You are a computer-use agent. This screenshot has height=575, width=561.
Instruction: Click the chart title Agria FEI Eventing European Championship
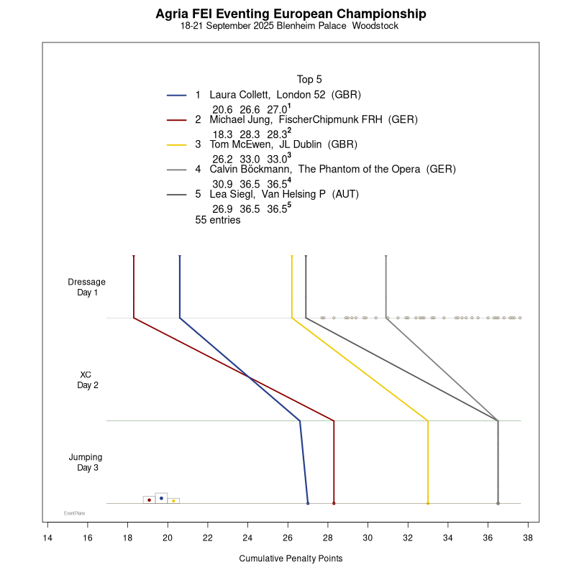tap(291, 14)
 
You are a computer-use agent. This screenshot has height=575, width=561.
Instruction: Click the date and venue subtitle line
tap(290, 27)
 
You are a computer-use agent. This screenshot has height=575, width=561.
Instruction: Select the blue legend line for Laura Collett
tap(177, 95)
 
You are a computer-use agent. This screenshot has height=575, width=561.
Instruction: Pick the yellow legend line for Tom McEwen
tap(177, 144)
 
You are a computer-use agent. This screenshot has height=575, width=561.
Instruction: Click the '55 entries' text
tap(218, 220)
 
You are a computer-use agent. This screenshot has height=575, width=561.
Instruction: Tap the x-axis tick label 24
tap(247, 538)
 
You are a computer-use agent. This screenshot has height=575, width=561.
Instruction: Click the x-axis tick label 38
tap(527, 538)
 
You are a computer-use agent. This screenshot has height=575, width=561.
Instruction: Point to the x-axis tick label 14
tap(47, 538)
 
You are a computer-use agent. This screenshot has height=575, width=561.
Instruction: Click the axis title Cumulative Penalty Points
tap(291, 558)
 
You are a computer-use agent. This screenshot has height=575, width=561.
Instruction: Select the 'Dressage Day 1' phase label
tap(87, 287)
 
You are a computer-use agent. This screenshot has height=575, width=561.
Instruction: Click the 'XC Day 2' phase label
tap(87, 379)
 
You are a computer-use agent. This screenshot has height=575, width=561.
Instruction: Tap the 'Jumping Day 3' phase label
tap(86, 462)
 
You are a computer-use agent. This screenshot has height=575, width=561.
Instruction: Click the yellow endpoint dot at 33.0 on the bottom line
tap(428, 504)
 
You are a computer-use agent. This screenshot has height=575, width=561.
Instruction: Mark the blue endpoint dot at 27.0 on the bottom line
tap(308, 504)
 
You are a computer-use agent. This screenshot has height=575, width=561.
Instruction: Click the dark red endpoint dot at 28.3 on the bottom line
tap(334, 504)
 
